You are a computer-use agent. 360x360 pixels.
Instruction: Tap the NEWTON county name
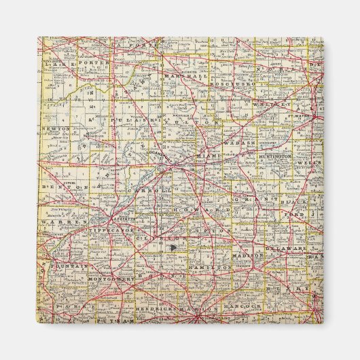tap(55, 128)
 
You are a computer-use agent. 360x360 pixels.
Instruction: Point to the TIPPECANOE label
tap(112, 230)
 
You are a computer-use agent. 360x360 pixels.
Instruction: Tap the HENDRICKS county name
tap(156, 308)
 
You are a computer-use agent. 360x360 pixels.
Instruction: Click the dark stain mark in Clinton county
tap(172, 248)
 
